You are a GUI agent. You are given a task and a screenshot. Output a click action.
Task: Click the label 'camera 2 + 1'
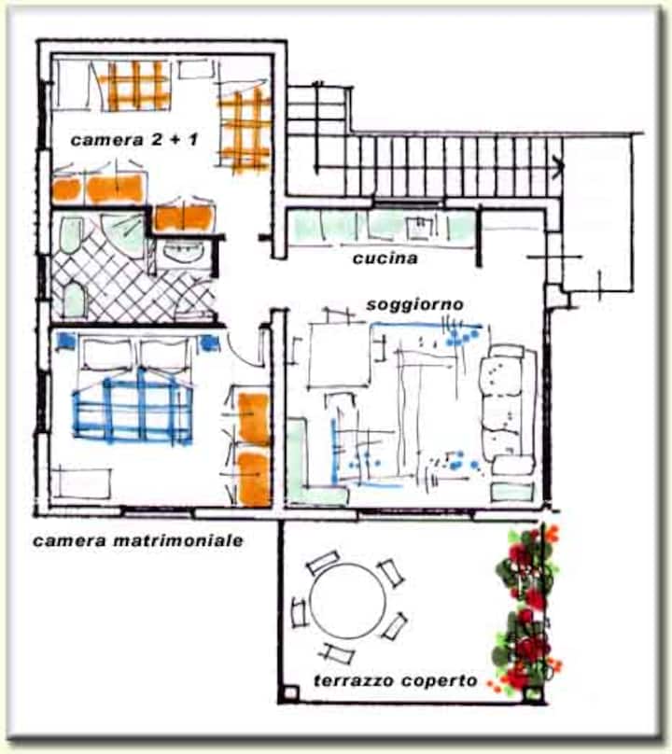click(x=133, y=140)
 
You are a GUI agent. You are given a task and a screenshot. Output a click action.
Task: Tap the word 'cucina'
click(x=385, y=258)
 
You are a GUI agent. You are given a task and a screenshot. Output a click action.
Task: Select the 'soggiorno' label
click(x=415, y=304)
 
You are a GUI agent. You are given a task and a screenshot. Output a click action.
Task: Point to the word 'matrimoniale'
click(x=178, y=540)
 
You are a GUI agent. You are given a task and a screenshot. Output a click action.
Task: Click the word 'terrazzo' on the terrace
click(x=354, y=680)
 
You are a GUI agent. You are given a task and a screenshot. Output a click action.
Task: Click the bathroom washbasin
click(x=182, y=252)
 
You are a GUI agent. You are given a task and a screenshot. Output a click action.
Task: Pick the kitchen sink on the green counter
click(x=420, y=227)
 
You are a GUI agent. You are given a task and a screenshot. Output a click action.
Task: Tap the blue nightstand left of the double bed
click(x=66, y=341)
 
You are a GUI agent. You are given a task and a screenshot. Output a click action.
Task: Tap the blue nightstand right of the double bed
click(x=210, y=342)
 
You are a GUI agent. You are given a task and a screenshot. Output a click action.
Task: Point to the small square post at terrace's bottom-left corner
click(x=290, y=693)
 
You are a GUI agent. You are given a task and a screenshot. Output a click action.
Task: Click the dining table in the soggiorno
click(x=339, y=355)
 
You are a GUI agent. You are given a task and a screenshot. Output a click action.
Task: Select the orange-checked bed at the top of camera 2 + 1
click(x=136, y=85)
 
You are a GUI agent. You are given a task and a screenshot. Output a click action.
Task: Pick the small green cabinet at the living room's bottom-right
click(x=511, y=493)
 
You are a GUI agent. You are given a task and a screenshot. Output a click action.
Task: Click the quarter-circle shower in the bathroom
click(x=124, y=230)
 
